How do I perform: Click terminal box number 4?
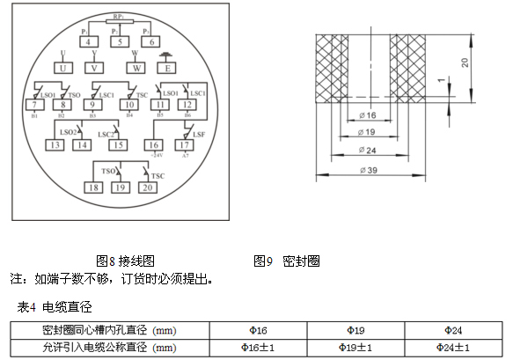88,41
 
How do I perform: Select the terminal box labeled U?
62,68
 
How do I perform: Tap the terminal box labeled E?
165,68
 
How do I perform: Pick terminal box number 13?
55,144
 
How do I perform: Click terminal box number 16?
153,144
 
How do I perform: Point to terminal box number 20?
147,187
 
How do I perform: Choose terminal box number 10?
128,105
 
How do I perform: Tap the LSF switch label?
199,133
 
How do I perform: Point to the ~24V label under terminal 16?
154,155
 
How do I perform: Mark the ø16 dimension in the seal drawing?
367,115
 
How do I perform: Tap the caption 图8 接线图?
125,261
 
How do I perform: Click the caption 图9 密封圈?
286,261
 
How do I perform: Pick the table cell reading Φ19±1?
355,349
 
